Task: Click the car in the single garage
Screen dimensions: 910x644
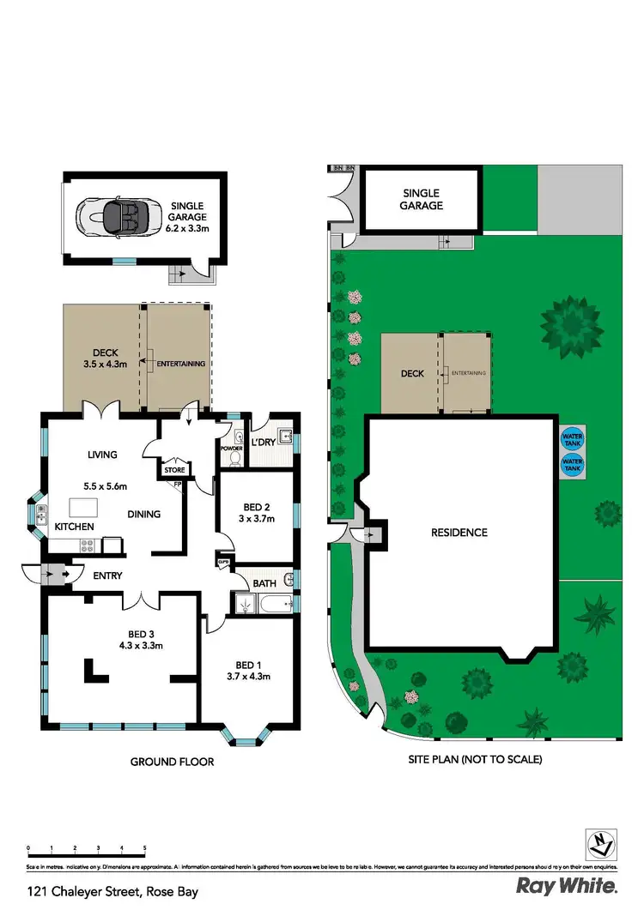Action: point(117,214)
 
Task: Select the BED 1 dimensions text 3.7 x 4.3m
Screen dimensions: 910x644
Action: point(247,677)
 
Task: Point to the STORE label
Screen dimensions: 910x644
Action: point(174,470)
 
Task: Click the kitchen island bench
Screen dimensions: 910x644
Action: point(83,505)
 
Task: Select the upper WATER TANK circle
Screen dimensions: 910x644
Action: point(571,437)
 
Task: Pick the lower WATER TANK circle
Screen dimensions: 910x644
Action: point(571,465)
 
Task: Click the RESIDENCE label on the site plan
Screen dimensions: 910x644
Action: point(459,533)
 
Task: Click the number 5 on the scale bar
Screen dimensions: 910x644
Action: point(144,848)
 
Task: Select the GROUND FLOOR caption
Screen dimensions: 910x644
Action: point(172,762)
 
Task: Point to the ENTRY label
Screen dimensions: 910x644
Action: point(108,576)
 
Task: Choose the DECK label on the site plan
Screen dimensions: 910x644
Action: point(413,374)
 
